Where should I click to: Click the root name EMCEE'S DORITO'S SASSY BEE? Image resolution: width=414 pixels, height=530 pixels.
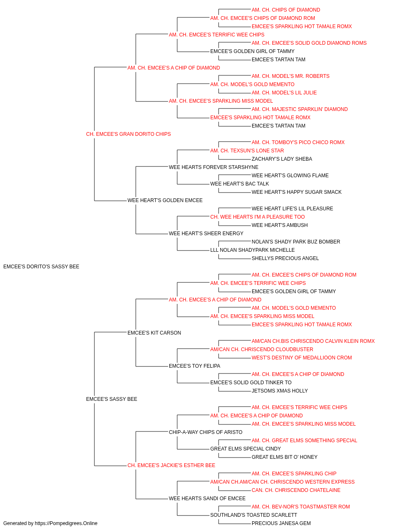coord(41,267)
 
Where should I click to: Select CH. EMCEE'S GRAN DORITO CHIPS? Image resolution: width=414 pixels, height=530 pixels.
coord(128,134)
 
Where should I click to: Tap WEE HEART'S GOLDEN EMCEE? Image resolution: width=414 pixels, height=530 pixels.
coord(165,200)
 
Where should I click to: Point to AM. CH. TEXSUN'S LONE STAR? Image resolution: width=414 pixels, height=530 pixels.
coord(247,151)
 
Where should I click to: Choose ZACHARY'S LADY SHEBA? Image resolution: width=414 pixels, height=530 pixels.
coord(282,159)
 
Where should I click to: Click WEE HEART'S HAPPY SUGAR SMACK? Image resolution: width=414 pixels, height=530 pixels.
coord(296,192)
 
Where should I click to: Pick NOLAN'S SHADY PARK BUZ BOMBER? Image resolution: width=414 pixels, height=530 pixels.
coord(296,242)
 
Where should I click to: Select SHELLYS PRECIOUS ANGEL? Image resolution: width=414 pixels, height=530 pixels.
coord(285,258)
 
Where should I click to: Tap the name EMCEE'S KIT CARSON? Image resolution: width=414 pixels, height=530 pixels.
coord(154,333)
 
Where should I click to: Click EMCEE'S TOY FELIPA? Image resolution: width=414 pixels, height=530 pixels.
coord(194,366)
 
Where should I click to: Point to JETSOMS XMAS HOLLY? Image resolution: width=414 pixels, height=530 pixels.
coord(279,391)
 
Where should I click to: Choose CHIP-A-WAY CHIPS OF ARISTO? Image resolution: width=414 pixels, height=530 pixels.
coord(205,432)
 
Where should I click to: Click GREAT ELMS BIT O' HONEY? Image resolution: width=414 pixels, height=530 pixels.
coord(284,457)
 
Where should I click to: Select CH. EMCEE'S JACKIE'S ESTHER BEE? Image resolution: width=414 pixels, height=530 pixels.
coord(171,465)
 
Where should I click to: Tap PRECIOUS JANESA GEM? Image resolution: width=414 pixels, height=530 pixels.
coord(281,523)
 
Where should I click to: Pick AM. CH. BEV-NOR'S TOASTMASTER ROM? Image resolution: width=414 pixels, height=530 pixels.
coord(301,506)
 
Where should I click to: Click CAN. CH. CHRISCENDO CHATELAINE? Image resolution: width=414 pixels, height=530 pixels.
coord(296,490)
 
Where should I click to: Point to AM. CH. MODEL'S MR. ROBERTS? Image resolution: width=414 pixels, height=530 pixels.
coord(290,76)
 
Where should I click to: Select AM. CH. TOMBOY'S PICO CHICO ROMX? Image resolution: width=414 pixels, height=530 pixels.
coord(298,142)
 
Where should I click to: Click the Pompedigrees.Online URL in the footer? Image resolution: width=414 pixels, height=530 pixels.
coord(66,523)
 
